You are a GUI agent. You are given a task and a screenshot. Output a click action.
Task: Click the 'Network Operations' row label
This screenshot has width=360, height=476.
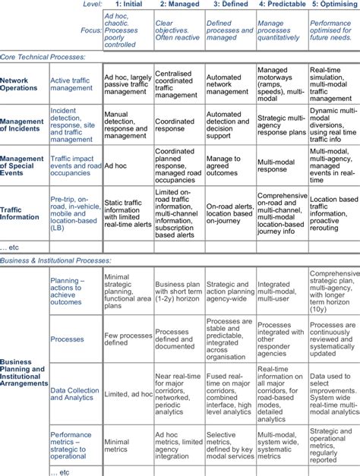(19, 84)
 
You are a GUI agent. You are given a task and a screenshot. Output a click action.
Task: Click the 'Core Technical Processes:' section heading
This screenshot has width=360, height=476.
(43, 57)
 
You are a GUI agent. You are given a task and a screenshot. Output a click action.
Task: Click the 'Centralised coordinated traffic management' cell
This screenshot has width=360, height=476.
(178, 84)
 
